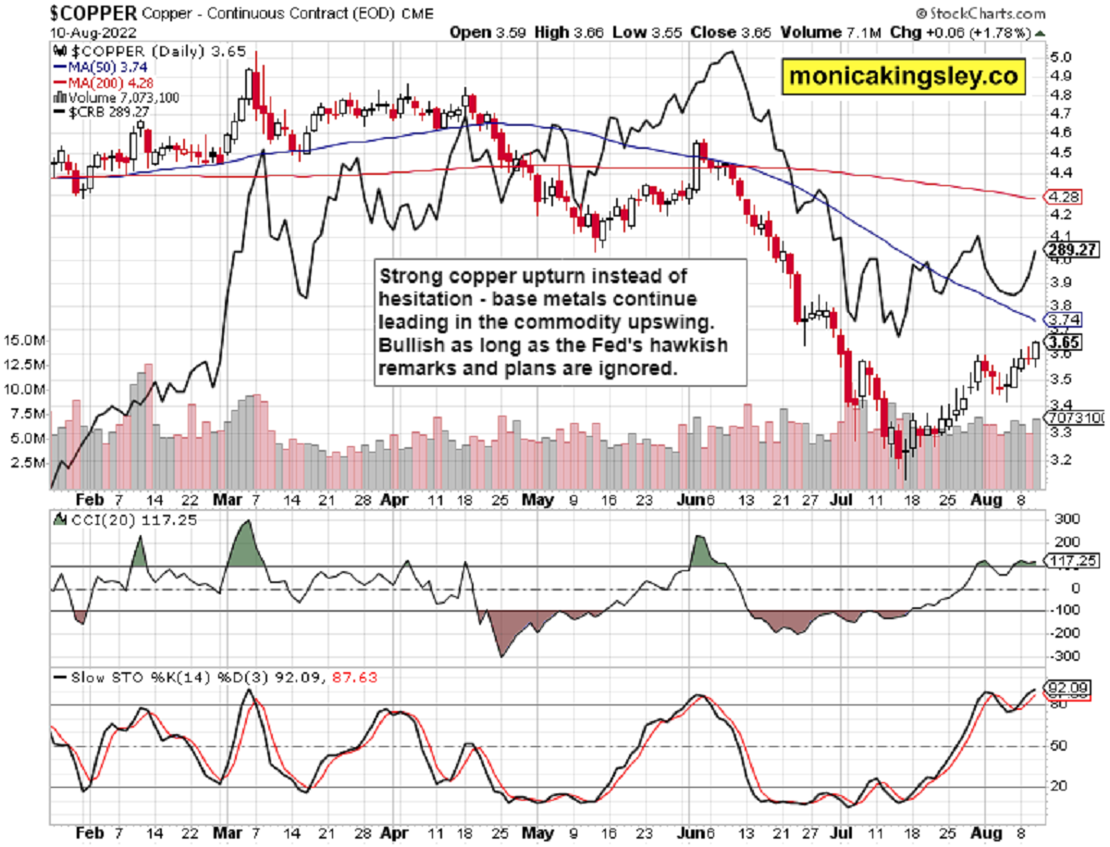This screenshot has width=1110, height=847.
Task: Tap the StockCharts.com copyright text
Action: click(980, 14)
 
